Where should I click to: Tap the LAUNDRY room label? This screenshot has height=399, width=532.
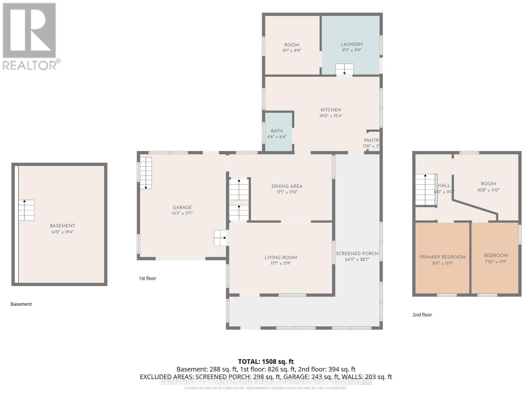click(x=351, y=44)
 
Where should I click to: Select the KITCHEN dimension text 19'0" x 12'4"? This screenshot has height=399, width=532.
click(x=331, y=116)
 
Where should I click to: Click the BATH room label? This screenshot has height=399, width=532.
click(x=277, y=131)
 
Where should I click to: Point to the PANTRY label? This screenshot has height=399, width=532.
click(x=371, y=140)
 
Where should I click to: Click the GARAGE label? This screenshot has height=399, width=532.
click(x=182, y=207)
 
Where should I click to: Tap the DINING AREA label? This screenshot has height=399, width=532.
click(x=287, y=186)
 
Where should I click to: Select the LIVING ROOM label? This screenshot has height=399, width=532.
click(x=281, y=257)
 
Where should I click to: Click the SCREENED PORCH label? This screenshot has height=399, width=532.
click(x=357, y=253)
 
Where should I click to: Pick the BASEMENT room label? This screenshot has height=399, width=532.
click(x=62, y=226)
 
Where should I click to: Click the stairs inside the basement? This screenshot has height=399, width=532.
click(x=26, y=210)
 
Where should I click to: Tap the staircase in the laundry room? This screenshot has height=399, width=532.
click(x=344, y=69)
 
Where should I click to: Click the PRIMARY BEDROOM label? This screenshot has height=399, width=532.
click(x=442, y=257)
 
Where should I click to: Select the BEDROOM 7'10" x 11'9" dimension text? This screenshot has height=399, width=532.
click(x=496, y=262)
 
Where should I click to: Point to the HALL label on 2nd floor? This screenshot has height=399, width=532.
click(x=444, y=186)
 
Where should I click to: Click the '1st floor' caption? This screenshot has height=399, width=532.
click(x=147, y=278)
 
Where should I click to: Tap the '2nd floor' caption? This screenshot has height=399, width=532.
click(x=422, y=315)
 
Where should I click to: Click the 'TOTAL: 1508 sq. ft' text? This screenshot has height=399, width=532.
click(x=266, y=361)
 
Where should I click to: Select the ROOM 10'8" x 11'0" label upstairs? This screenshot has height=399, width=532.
click(x=488, y=184)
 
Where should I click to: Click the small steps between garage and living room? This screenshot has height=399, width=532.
click(x=220, y=238)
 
